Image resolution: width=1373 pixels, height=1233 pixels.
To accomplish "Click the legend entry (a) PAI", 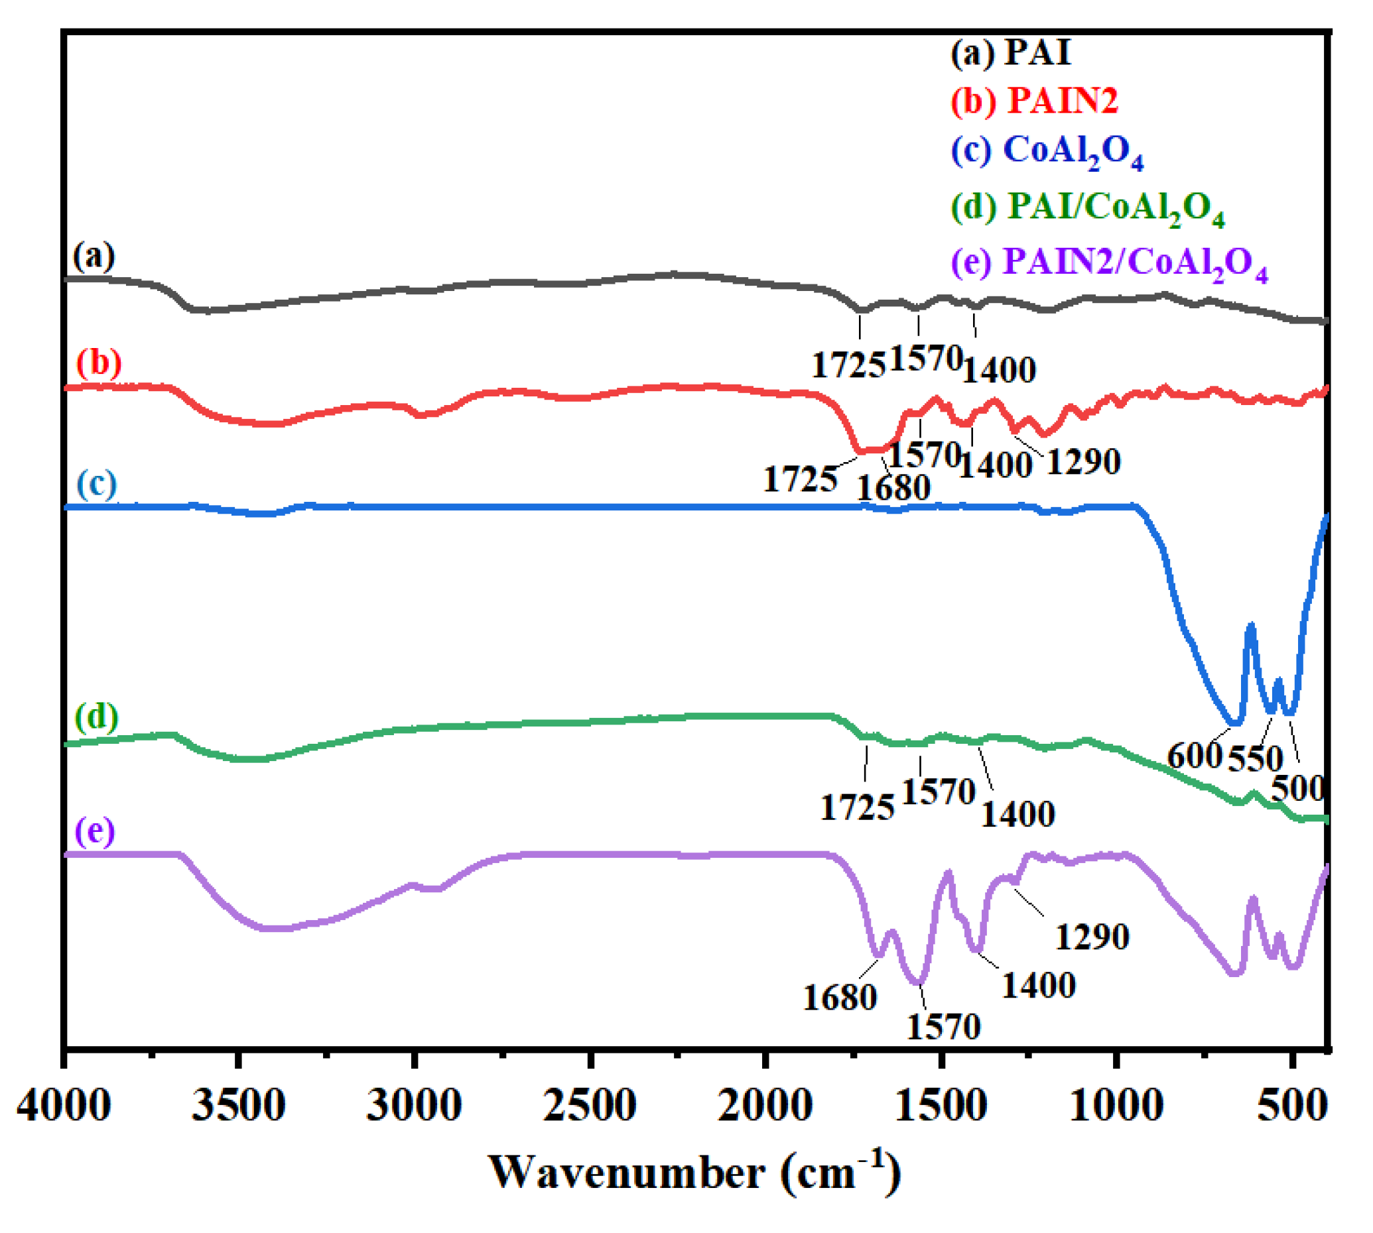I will click(1010, 53).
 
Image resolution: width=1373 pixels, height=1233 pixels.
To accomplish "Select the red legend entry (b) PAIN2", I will click(1033, 101).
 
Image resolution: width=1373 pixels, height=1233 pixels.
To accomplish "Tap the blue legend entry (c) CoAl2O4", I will click(1047, 150).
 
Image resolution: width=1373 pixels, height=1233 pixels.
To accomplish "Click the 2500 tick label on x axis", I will click(590, 1106).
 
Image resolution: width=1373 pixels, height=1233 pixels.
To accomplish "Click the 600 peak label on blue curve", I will click(1194, 754).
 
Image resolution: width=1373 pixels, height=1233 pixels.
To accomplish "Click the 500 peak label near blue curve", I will click(1297, 788).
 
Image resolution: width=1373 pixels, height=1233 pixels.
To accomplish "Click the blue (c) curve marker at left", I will click(96, 484).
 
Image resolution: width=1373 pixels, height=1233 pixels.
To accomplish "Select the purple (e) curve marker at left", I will click(95, 831).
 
